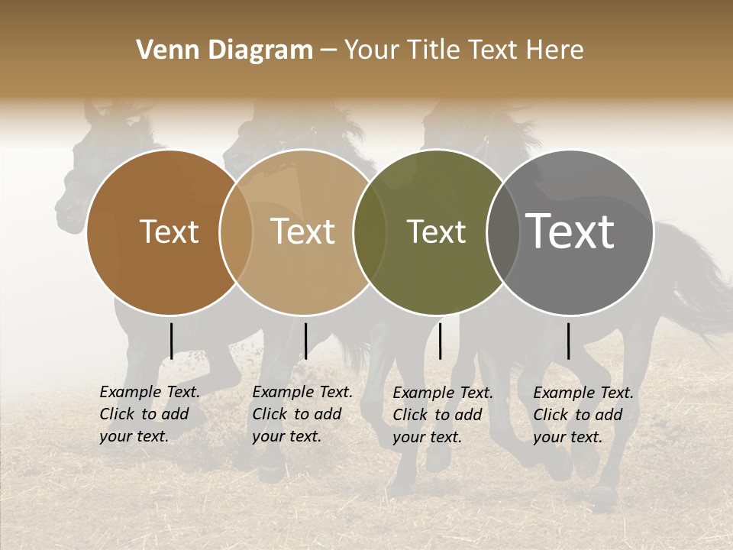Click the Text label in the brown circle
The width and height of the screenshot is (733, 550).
click(169, 232)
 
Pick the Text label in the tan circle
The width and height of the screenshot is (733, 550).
click(303, 232)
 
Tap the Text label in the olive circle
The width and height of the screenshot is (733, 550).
click(436, 232)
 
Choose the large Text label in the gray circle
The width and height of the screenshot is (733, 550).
click(570, 231)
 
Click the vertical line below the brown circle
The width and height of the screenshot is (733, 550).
click(171, 341)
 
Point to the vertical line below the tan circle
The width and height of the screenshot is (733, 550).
click(305, 341)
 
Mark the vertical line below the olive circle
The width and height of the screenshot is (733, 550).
click(440, 341)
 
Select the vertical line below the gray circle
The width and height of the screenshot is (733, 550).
click(569, 341)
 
